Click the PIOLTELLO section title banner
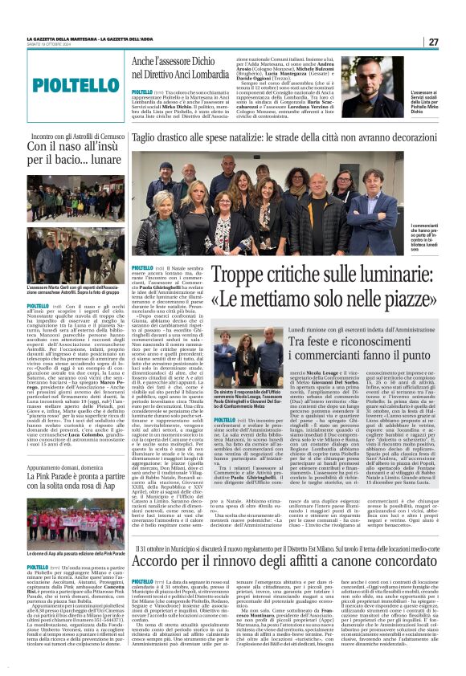(65, 83)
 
